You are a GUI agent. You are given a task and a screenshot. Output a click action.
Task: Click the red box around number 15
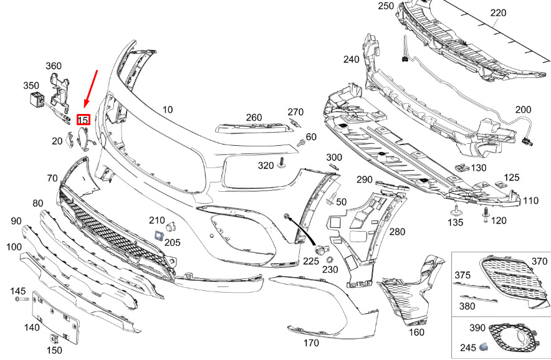point(83,120)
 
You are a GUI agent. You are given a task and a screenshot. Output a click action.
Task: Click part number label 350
point(31,85)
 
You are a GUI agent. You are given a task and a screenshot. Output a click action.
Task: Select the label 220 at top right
point(499,12)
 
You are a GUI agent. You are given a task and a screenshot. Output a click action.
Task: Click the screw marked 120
point(485,212)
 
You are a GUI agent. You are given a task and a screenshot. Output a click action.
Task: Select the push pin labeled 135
point(456,209)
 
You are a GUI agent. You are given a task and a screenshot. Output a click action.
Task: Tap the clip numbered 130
point(461,167)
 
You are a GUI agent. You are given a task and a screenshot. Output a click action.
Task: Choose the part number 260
point(254,117)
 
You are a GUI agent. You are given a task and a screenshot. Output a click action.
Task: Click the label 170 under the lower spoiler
point(310,343)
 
